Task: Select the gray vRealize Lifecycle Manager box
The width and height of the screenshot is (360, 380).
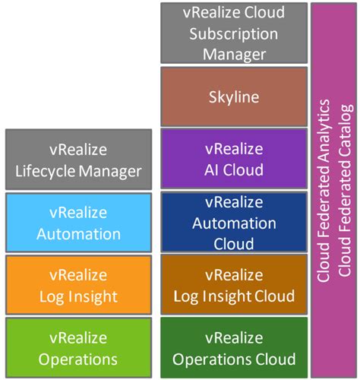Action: pos(79,159)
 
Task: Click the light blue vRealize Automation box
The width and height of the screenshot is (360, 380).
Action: pos(79,222)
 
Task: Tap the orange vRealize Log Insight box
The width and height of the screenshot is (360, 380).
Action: pos(79,285)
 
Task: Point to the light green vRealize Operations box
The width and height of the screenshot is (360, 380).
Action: pos(79,347)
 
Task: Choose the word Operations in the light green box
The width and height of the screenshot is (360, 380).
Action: pos(79,359)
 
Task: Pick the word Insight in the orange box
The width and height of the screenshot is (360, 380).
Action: pos(92,296)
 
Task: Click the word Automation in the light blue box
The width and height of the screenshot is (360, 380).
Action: pos(79,233)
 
